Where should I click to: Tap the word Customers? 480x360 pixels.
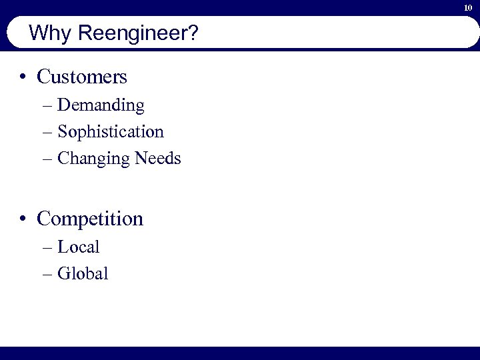(82, 77)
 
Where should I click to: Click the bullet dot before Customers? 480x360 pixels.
(23, 77)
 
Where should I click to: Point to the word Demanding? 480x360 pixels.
(101, 105)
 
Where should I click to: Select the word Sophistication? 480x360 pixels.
(111, 132)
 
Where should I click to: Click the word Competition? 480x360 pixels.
(90, 219)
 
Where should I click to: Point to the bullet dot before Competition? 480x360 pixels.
(23, 219)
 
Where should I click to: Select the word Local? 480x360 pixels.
(79, 247)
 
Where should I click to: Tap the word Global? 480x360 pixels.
(83, 273)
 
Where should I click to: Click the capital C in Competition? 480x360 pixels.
(44, 219)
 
